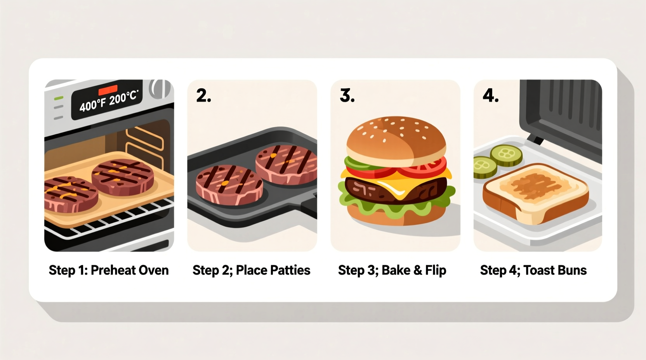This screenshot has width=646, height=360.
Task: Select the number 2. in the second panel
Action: click(203, 95)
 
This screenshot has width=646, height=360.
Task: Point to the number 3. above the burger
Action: click(347, 95)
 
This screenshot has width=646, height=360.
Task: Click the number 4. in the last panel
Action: click(490, 95)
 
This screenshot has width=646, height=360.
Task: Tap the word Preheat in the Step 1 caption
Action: click(113, 270)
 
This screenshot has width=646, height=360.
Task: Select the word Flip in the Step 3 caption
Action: click(436, 270)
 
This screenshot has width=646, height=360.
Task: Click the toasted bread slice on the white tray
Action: click(536, 190)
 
